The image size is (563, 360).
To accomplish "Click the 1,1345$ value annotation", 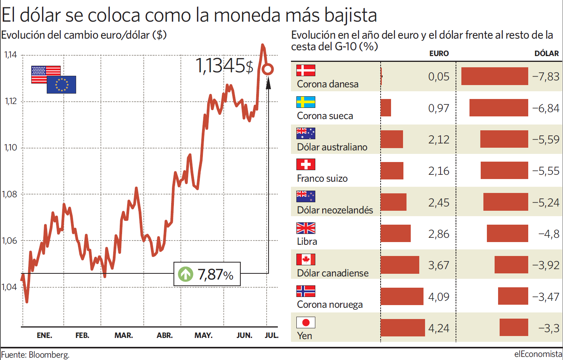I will tap(224, 66).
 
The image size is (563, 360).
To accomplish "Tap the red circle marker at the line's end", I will tap(267, 70).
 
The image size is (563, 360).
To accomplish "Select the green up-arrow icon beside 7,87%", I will tap(185, 274).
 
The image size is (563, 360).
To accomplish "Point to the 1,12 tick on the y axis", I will tap(11, 101).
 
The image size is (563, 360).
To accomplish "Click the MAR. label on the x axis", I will tap(123, 335).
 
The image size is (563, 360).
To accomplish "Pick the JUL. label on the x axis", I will tap(271, 335).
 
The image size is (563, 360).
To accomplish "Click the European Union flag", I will tap(61, 85).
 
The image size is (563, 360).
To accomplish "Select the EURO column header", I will tap(439, 54).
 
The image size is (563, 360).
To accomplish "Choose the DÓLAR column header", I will tap(546, 54).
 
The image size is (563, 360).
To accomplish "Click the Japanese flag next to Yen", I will tap(306, 322).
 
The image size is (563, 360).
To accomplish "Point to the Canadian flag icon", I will tap(306, 259).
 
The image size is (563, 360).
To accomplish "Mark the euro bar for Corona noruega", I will tap(402, 297).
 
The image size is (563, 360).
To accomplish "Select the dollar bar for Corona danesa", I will tap(495, 76).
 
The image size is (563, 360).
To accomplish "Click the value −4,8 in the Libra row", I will tap(549, 234).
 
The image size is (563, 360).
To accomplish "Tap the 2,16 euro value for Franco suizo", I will tap(439, 171).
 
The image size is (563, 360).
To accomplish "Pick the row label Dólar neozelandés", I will tap(335, 210).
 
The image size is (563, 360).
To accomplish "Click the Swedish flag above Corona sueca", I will tap(306, 102).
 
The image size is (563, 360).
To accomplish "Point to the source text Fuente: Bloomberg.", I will tap(35, 355).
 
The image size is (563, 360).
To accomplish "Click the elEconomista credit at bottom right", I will tap(538, 354).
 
